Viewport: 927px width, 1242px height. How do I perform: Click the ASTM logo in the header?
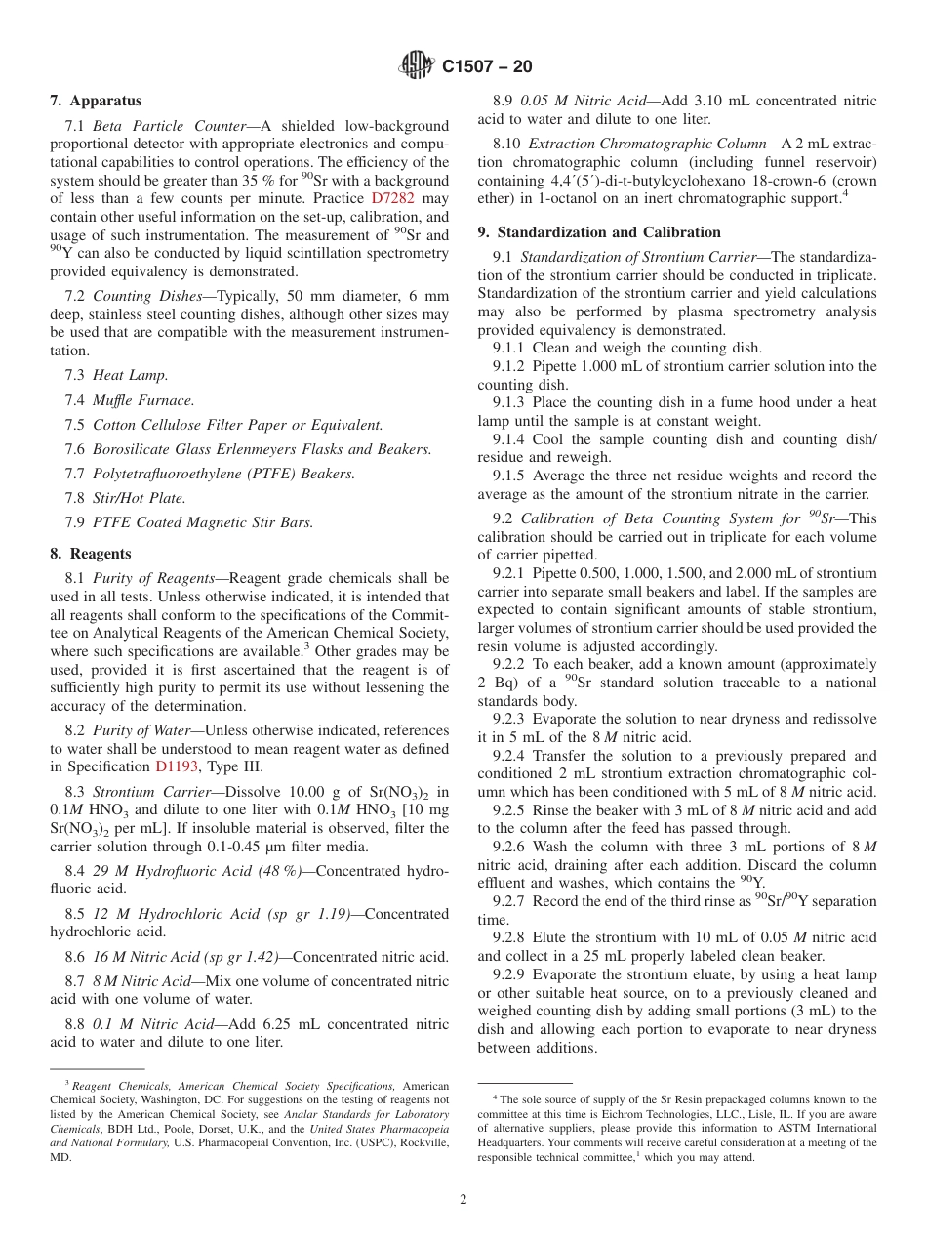pyautogui.click(x=418, y=66)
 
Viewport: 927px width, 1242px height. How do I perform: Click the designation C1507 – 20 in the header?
pyautogui.click(x=487, y=67)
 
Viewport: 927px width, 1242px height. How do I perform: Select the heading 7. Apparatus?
pyautogui.click(x=96, y=101)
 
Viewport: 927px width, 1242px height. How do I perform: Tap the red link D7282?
pyautogui.click(x=393, y=199)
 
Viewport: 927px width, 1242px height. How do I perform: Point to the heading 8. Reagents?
pyautogui.click(x=90, y=554)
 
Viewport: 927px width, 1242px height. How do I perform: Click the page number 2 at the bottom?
pyautogui.click(x=463, y=1200)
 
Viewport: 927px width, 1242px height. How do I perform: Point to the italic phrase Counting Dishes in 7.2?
pyautogui.click(x=144, y=296)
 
